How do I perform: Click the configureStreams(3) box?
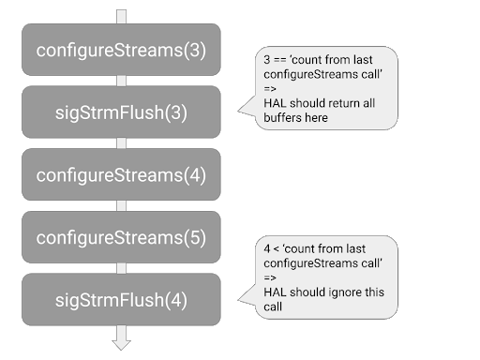coord(121,49)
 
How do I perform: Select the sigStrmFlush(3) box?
coord(121,112)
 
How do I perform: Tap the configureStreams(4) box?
coord(121,174)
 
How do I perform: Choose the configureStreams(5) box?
coord(121,237)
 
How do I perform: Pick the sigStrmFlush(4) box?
coord(121,300)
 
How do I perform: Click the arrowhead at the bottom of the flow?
coord(121,341)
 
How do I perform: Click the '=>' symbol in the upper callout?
coord(270,89)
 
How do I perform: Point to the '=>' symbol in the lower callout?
coord(270,277)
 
